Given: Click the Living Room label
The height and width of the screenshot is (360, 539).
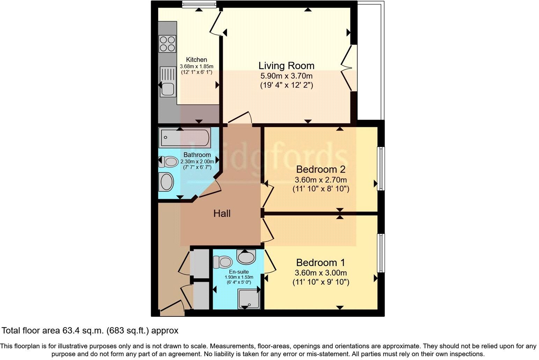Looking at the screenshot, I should [286, 66].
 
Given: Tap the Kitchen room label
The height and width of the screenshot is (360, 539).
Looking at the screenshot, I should [196, 60].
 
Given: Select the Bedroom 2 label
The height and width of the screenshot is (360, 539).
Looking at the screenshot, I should [320, 170].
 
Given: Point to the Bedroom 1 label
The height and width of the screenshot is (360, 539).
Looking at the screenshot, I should [320, 263].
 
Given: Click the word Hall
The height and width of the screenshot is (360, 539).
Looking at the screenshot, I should [222, 213].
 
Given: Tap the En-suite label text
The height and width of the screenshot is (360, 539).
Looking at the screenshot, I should [239, 272].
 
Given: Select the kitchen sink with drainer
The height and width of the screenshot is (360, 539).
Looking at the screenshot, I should [167, 82].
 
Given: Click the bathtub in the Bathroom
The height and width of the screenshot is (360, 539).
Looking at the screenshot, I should [184, 138].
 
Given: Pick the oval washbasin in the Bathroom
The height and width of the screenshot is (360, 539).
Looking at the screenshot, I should [167, 182].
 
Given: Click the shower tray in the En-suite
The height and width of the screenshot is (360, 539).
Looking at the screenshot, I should [249, 299].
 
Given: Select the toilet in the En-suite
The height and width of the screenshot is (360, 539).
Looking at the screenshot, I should [223, 262].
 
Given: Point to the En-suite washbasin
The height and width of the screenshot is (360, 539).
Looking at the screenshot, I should [246, 257].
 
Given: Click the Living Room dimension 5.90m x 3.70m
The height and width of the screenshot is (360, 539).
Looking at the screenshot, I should [286, 76].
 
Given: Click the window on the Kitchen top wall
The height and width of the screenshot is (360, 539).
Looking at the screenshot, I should [199, 4].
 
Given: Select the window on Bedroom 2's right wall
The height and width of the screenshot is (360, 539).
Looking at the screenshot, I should [382, 169].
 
